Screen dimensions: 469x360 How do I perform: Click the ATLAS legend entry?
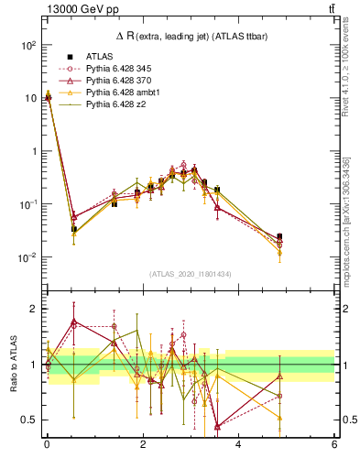click(x=98, y=57)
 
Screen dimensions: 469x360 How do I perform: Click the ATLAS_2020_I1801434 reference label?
click(x=190, y=275)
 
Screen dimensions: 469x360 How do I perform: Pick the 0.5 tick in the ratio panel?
click(x=31, y=420)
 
